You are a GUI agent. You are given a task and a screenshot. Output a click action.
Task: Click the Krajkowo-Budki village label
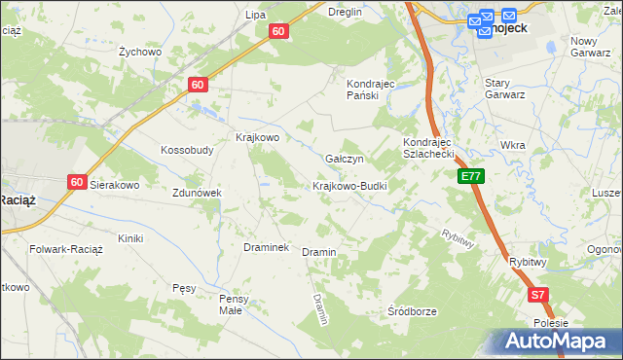[x=350, y=185]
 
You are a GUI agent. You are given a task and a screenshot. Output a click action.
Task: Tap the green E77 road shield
[x=471, y=176]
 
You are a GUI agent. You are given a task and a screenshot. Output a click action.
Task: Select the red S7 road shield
[x=538, y=294]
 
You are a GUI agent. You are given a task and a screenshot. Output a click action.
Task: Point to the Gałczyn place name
[x=344, y=159]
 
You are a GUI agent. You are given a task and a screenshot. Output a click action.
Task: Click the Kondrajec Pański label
[x=369, y=90]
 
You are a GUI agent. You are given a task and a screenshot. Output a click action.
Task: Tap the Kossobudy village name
[x=187, y=151]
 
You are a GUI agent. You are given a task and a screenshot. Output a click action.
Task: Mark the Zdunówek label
[x=198, y=193]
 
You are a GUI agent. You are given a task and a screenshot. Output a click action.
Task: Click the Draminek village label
[x=266, y=247]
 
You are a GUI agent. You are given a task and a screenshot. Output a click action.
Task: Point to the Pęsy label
[x=184, y=288]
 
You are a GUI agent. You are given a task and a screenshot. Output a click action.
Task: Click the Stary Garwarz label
[x=505, y=89]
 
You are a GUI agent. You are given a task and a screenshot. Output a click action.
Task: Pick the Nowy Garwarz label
[x=597, y=47]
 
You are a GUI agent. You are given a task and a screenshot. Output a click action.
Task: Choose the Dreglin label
[x=345, y=12]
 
